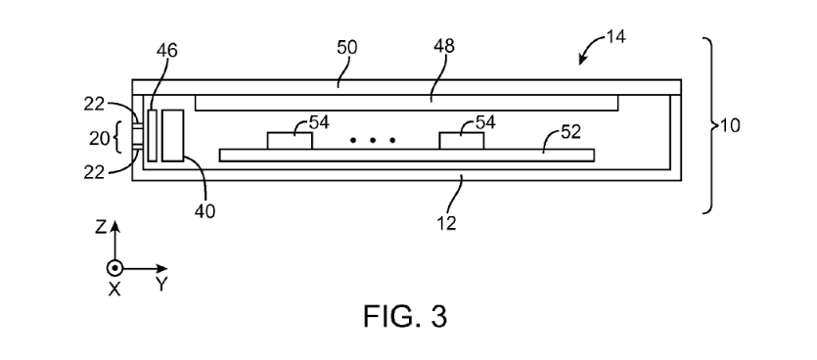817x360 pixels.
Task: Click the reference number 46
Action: [166, 51]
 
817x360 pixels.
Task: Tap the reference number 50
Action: [347, 47]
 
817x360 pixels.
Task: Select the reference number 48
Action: [444, 46]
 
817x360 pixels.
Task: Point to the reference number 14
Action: [615, 37]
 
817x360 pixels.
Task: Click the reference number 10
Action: [730, 125]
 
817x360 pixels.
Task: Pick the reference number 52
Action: [570, 132]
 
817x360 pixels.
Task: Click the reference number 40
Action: [204, 211]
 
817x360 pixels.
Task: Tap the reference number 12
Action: [446, 223]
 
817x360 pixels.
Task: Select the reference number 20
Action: [99, 138]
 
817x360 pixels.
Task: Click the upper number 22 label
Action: [94, 105]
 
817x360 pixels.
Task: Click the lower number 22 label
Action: [94, 172]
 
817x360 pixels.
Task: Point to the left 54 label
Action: [319, 122]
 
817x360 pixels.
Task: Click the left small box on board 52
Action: [290, 141]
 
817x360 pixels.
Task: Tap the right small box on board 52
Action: [462, 141]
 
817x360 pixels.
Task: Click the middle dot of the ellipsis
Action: [373, 140]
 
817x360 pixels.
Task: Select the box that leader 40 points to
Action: [172, 135]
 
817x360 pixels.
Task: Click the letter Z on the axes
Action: [101, 227]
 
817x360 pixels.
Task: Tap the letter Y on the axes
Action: [161, 285]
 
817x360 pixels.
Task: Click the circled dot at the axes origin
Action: [114, 268]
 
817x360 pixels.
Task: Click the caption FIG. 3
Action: [405, 316]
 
